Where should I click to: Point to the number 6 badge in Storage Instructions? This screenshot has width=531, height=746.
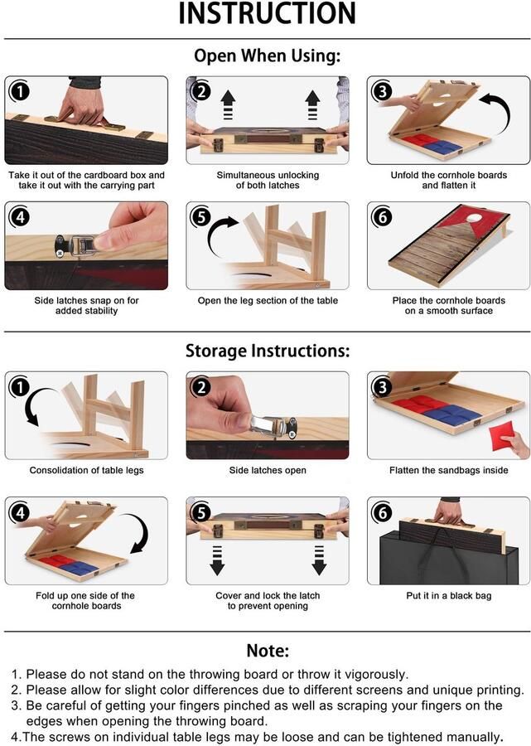382,511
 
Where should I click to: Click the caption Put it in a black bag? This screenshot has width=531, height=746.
448,596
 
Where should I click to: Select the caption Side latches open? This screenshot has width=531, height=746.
267,471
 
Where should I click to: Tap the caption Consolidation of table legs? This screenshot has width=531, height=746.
86,471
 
